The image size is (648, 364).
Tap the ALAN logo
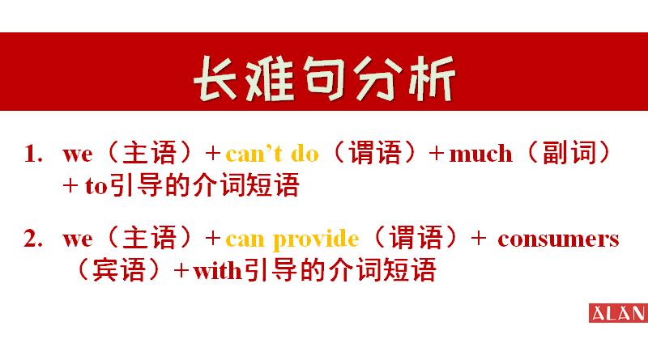[x=617, y=313]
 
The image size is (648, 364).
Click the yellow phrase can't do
[x=272, y=153]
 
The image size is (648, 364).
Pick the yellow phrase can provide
[x=292, y=239]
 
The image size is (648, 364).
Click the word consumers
[x=558, y=239]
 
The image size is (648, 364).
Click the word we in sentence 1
[x=78, y=153]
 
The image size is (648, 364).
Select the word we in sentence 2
[x=78, y=239]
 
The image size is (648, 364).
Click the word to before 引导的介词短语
[x=96, y=188]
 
